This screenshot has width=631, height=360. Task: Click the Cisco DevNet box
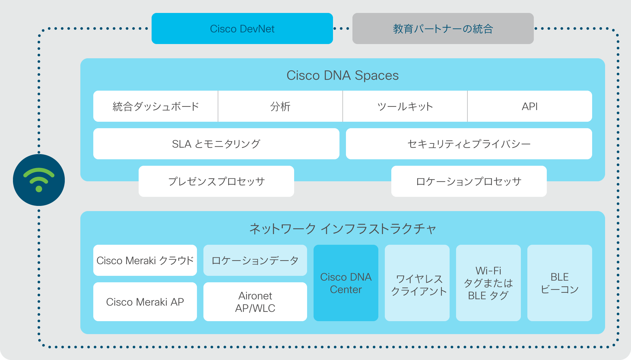point(242,28)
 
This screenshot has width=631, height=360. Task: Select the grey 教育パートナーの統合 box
point(443,28)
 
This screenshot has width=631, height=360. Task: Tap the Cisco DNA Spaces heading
point(343,75)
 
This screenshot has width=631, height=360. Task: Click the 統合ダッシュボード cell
point(155,106)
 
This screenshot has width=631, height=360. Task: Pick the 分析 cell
point(281,106)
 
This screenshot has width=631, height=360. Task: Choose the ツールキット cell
point(405,106)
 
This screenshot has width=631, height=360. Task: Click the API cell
point(530,106)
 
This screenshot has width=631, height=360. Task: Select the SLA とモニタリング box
point(216,144)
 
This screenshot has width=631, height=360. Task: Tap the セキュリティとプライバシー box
point(469,144)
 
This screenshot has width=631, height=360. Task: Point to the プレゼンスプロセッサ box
point(216,181)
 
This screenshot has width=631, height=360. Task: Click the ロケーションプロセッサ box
point(469,181)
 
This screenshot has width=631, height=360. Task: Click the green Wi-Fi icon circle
point(39,180)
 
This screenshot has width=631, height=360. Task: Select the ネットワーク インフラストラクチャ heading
point(343,229)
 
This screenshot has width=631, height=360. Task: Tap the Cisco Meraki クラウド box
point(145,260)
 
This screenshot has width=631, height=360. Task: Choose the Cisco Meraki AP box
point(145,302)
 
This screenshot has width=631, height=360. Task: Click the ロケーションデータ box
point(255,260)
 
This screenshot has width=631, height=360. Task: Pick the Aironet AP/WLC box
point(255,302)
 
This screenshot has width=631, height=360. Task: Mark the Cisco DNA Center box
point(346,283)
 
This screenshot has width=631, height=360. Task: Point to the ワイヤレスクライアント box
point(417,283)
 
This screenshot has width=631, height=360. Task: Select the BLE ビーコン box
point(560,283)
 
